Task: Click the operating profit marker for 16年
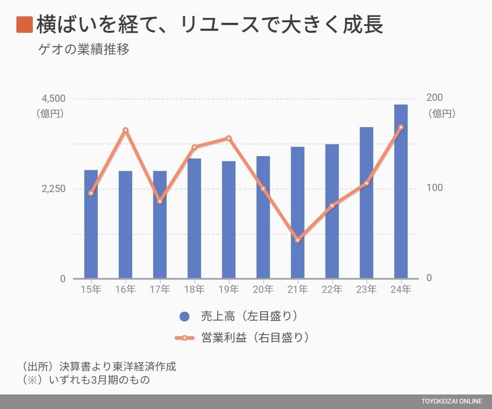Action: (126, 131)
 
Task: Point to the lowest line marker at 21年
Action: (297, 240)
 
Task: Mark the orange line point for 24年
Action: (401, 127)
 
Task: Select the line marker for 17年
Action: (160, 201)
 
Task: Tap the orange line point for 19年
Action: (228, 138)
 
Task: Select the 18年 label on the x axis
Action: (194, 290)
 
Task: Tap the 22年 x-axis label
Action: (332, 290)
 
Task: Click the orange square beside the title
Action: (24, 25)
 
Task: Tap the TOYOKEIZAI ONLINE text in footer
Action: (451, 402)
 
